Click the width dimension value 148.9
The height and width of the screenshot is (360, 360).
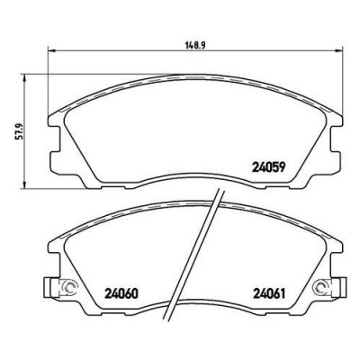[x=194, y=45]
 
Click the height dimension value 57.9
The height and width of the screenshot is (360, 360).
[x=19, y=131]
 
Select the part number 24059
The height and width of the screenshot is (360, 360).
[x=268, y=166]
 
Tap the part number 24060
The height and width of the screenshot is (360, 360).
[x=121, y=293]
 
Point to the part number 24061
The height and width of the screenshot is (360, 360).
[x=269, y=293]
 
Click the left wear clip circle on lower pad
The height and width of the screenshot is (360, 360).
[x=69, y=287]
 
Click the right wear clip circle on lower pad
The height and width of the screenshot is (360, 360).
[x=321, y=287]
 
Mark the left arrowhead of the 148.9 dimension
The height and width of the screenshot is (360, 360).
[x=51, y=50]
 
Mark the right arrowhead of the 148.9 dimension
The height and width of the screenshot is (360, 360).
[x=338, y=50]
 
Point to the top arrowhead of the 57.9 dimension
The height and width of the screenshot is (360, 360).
[x=25, y=77]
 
